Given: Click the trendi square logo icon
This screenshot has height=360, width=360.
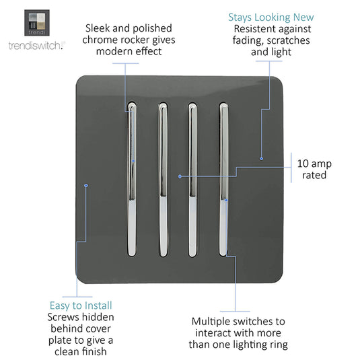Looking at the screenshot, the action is (37, 23).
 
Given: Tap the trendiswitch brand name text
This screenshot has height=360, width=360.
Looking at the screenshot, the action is (37, 46).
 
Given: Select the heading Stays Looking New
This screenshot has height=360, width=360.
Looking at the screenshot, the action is (271, 17).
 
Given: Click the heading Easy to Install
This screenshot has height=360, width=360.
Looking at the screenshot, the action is (81, 305).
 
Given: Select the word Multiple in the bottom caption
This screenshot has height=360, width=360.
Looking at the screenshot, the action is (211, 322).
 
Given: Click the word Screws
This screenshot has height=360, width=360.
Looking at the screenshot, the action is (62, 318).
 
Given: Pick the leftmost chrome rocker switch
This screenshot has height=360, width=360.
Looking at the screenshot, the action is (132, 179).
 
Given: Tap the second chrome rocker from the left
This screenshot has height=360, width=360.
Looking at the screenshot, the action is (163, 180).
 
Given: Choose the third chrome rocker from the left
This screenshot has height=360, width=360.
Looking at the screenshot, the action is (192, 180).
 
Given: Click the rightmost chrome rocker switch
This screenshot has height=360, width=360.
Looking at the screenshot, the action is (223, 179).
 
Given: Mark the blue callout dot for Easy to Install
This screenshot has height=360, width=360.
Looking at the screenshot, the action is (86, 185).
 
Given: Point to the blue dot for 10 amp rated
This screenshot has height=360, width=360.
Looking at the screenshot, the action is (180, 176).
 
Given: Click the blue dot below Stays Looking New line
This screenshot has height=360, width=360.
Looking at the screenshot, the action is (261, 159).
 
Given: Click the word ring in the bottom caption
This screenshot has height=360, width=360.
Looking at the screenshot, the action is (279, 345).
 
